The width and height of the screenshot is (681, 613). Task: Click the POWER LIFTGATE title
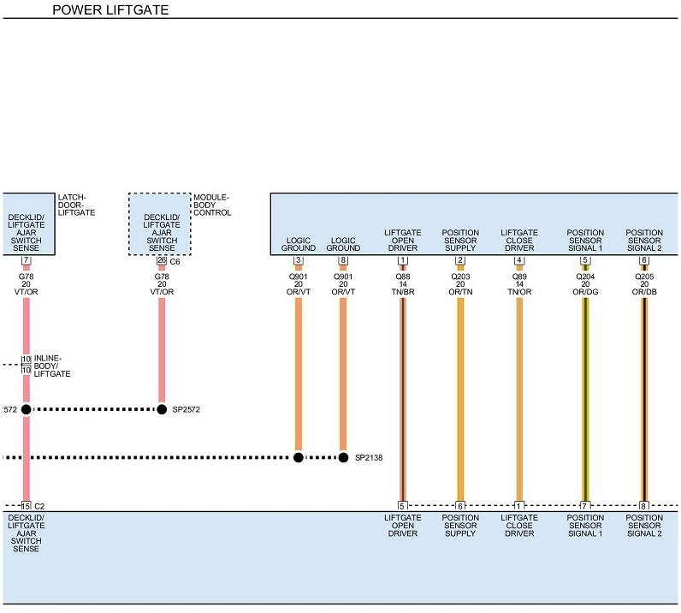tap(110, 10)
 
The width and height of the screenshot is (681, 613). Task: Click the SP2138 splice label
tap(370, 458)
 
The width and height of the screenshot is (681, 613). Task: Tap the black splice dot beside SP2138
tap(343, 457)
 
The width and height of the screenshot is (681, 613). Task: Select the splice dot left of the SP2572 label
tap(162, 409)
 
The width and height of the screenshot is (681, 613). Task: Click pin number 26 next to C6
tap(161, 260)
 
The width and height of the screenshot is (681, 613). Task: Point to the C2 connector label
tap(39, 506)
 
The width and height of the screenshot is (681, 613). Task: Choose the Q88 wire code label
tap(402, 277)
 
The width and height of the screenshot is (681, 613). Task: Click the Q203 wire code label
tap(460, 277)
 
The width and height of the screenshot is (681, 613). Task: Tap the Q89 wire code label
tap(519, 277)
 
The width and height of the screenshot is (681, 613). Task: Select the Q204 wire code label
tap(585, 277)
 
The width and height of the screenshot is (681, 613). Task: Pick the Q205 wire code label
tap(644, 277)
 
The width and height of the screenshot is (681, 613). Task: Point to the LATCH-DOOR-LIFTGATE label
tap(76, 204)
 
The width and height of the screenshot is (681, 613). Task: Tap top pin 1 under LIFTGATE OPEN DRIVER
tap(402, 260)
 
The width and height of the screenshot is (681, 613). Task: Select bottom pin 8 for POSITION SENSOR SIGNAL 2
tap(644, 506)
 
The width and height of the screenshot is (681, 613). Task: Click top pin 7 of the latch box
tap(26, 260)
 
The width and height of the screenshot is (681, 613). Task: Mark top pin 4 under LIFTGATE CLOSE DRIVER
tap(519, 260)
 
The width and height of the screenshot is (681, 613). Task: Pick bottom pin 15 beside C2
tap(26, 506)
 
